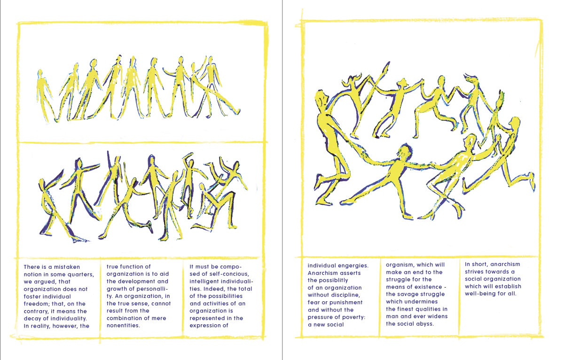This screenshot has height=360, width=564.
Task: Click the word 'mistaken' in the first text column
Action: tap(67, 267)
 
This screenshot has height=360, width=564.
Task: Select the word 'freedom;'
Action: tap(37, 304)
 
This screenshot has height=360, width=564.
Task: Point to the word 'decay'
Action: tap(32, 319)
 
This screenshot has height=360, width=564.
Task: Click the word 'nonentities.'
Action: tap(123, 326)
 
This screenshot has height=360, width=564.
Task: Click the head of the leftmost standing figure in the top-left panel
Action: tap(40, 73)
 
